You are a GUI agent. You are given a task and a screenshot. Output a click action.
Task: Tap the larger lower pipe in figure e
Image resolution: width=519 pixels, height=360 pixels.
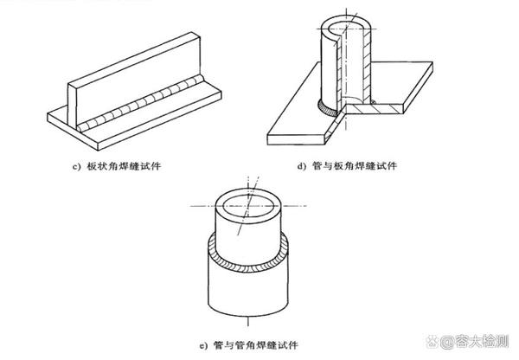[251, 299]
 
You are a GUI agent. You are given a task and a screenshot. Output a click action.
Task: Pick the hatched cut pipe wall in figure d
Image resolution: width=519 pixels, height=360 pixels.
[371, 65]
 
